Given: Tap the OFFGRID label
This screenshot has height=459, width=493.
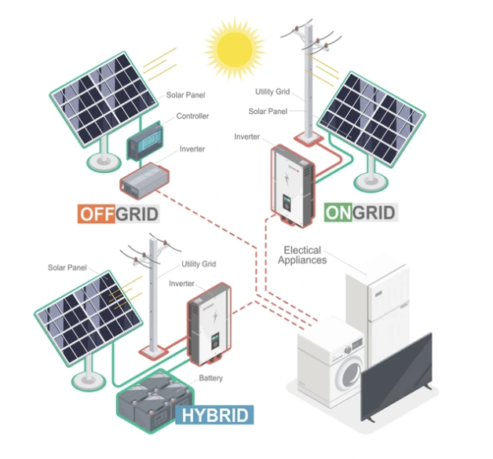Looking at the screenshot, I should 119,213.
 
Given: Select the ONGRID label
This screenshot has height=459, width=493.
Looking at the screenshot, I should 360,212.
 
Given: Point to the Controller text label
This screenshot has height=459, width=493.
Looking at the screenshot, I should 193,116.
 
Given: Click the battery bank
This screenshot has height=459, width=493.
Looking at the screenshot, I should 152,398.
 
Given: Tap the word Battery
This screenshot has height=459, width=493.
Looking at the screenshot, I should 210,379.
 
